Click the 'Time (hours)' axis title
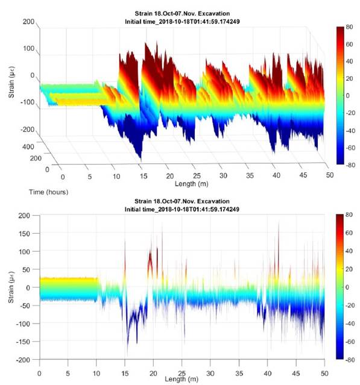point(49,192)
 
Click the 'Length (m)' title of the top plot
point(191,184)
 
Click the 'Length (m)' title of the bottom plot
point(182,379)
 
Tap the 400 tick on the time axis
point(28,147)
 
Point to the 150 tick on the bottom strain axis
point(24,234)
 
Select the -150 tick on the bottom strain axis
point(23,342)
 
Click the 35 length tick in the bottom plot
point(239,374)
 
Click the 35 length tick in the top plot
point(250,176)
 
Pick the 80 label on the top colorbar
point(349,27)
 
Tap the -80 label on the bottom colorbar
point(350,360)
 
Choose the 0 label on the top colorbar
point(347,96)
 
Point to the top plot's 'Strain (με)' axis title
point(11,83)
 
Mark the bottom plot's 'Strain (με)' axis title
point(11,287)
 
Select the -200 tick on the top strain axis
point(27,130)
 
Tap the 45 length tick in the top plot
point(303,175)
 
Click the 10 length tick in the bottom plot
point(96,374)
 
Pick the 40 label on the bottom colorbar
point(349,251)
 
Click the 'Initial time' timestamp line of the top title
point(182,22)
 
